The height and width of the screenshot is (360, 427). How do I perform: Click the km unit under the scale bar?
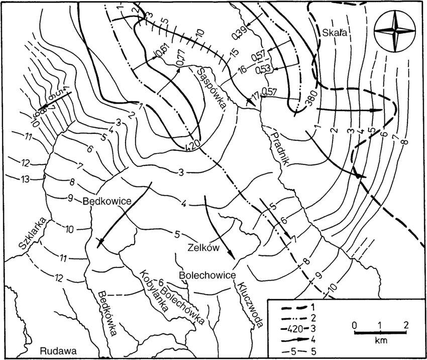(x=380, y=340)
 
